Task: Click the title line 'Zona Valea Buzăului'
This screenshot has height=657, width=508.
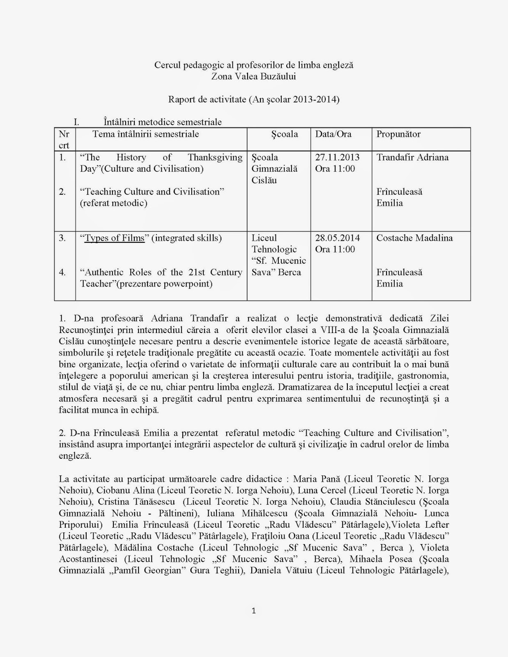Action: pyautogui.click(x=253, y=76)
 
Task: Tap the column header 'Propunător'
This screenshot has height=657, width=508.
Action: pyautogui.click(x=398, y=134)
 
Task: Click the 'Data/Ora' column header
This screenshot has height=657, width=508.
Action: pyautogui.click(x=333, y=134)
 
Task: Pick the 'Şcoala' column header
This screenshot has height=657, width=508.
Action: pyautogui.click(x=285, y=134)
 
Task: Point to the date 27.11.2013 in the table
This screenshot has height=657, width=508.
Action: pyautogui.click(x=337, y=157)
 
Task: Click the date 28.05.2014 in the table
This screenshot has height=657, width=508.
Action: pyautogui.click(x=337, y=238)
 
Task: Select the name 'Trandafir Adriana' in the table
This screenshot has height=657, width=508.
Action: pyautogui.click(x=412, y=157)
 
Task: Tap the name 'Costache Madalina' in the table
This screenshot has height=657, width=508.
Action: pyautogui.click(x=414, y=238)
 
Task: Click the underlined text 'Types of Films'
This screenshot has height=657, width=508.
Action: pyautogui.click(x=115, y=238)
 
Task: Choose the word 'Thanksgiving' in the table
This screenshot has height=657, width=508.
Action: pyautogui.click(x=215, y=157)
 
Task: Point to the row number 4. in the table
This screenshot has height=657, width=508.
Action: pyautogui.click(x=62, y=272)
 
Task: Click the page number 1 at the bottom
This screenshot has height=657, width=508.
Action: pyautogui.click(x=254, y=611)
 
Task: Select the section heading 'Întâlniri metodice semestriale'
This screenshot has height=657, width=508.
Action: pyautogui.click(x=163, y=122)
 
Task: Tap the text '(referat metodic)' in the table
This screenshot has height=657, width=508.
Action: pyautogui.click(x=113, y=203)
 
